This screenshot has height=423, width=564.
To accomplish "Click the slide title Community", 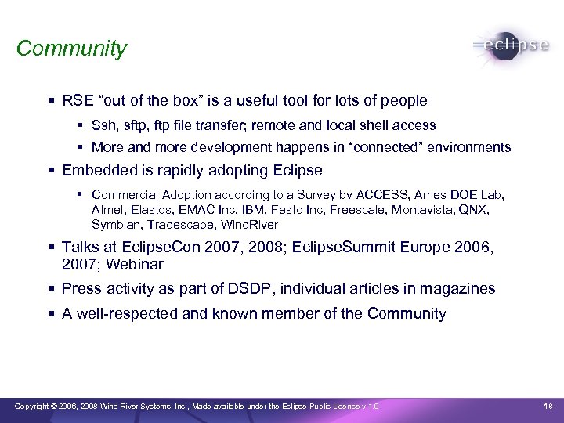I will point(71,49).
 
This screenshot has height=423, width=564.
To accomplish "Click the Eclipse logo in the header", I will point(511,45).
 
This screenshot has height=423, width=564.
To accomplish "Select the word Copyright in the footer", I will point(35,406).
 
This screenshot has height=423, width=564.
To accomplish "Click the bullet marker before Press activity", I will point(52,289).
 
